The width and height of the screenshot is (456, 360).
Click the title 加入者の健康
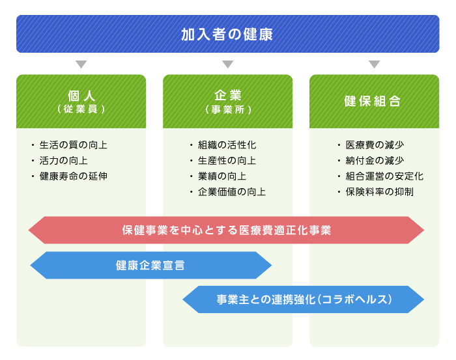(227, 35)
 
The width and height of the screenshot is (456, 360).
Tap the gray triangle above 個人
(81, 64)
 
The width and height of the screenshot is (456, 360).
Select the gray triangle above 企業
(228, 64)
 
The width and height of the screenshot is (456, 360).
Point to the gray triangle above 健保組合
(375, 64)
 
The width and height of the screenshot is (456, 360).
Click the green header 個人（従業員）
(81, 102)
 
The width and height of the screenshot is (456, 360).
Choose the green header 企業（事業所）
(228, 102)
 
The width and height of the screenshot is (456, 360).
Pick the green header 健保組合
(375, 102)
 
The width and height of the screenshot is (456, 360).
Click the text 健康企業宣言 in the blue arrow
(150, 265)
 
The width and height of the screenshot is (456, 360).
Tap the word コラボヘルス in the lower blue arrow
(354, 299)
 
